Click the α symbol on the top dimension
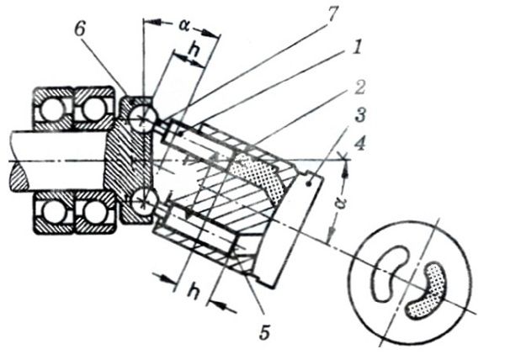click(183, 24)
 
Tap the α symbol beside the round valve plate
click(336, 204)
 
